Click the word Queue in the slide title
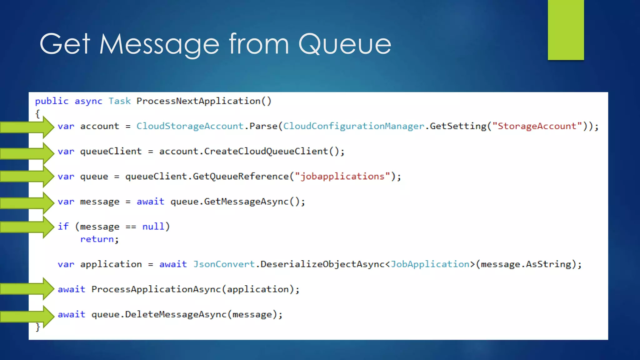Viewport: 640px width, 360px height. click(x=344, y=44)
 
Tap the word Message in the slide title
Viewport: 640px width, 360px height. click(x=159, y=44)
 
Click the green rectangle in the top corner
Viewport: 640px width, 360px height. click(x=566, y=30)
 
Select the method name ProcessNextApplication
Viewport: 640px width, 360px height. click(x=198, y=101)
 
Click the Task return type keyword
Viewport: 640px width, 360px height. click(x=119, y=101)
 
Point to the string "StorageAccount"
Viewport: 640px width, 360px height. click(x=537, y=126)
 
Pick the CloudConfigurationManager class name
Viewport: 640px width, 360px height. click(x=353, y=126)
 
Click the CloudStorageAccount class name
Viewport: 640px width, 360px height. click(x=190, y=126)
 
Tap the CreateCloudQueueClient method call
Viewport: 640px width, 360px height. click(x=266, y=151)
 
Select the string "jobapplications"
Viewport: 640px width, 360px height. click(x=342, y=176)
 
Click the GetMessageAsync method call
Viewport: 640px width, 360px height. click(x=246, y=202)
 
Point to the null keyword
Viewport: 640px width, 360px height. click(x=153, y=226)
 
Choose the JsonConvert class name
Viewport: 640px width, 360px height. click(x=224, y=264)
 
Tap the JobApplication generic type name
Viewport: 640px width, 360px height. click(x=430, y=264)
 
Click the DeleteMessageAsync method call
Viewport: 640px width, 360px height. click(x=176, y=314)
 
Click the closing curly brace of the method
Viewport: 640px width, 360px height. click(x=38, y=327)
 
